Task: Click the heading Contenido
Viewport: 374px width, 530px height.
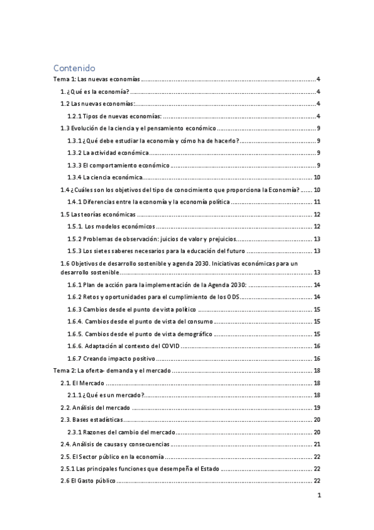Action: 74,67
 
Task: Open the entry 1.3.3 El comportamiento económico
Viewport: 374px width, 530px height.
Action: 118,165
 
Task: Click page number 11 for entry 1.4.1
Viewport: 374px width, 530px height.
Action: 317,202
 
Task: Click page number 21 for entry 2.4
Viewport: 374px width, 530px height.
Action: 317,444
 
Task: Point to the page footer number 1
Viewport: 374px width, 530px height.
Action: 318,496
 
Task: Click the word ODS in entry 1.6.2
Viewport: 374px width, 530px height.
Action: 232,297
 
